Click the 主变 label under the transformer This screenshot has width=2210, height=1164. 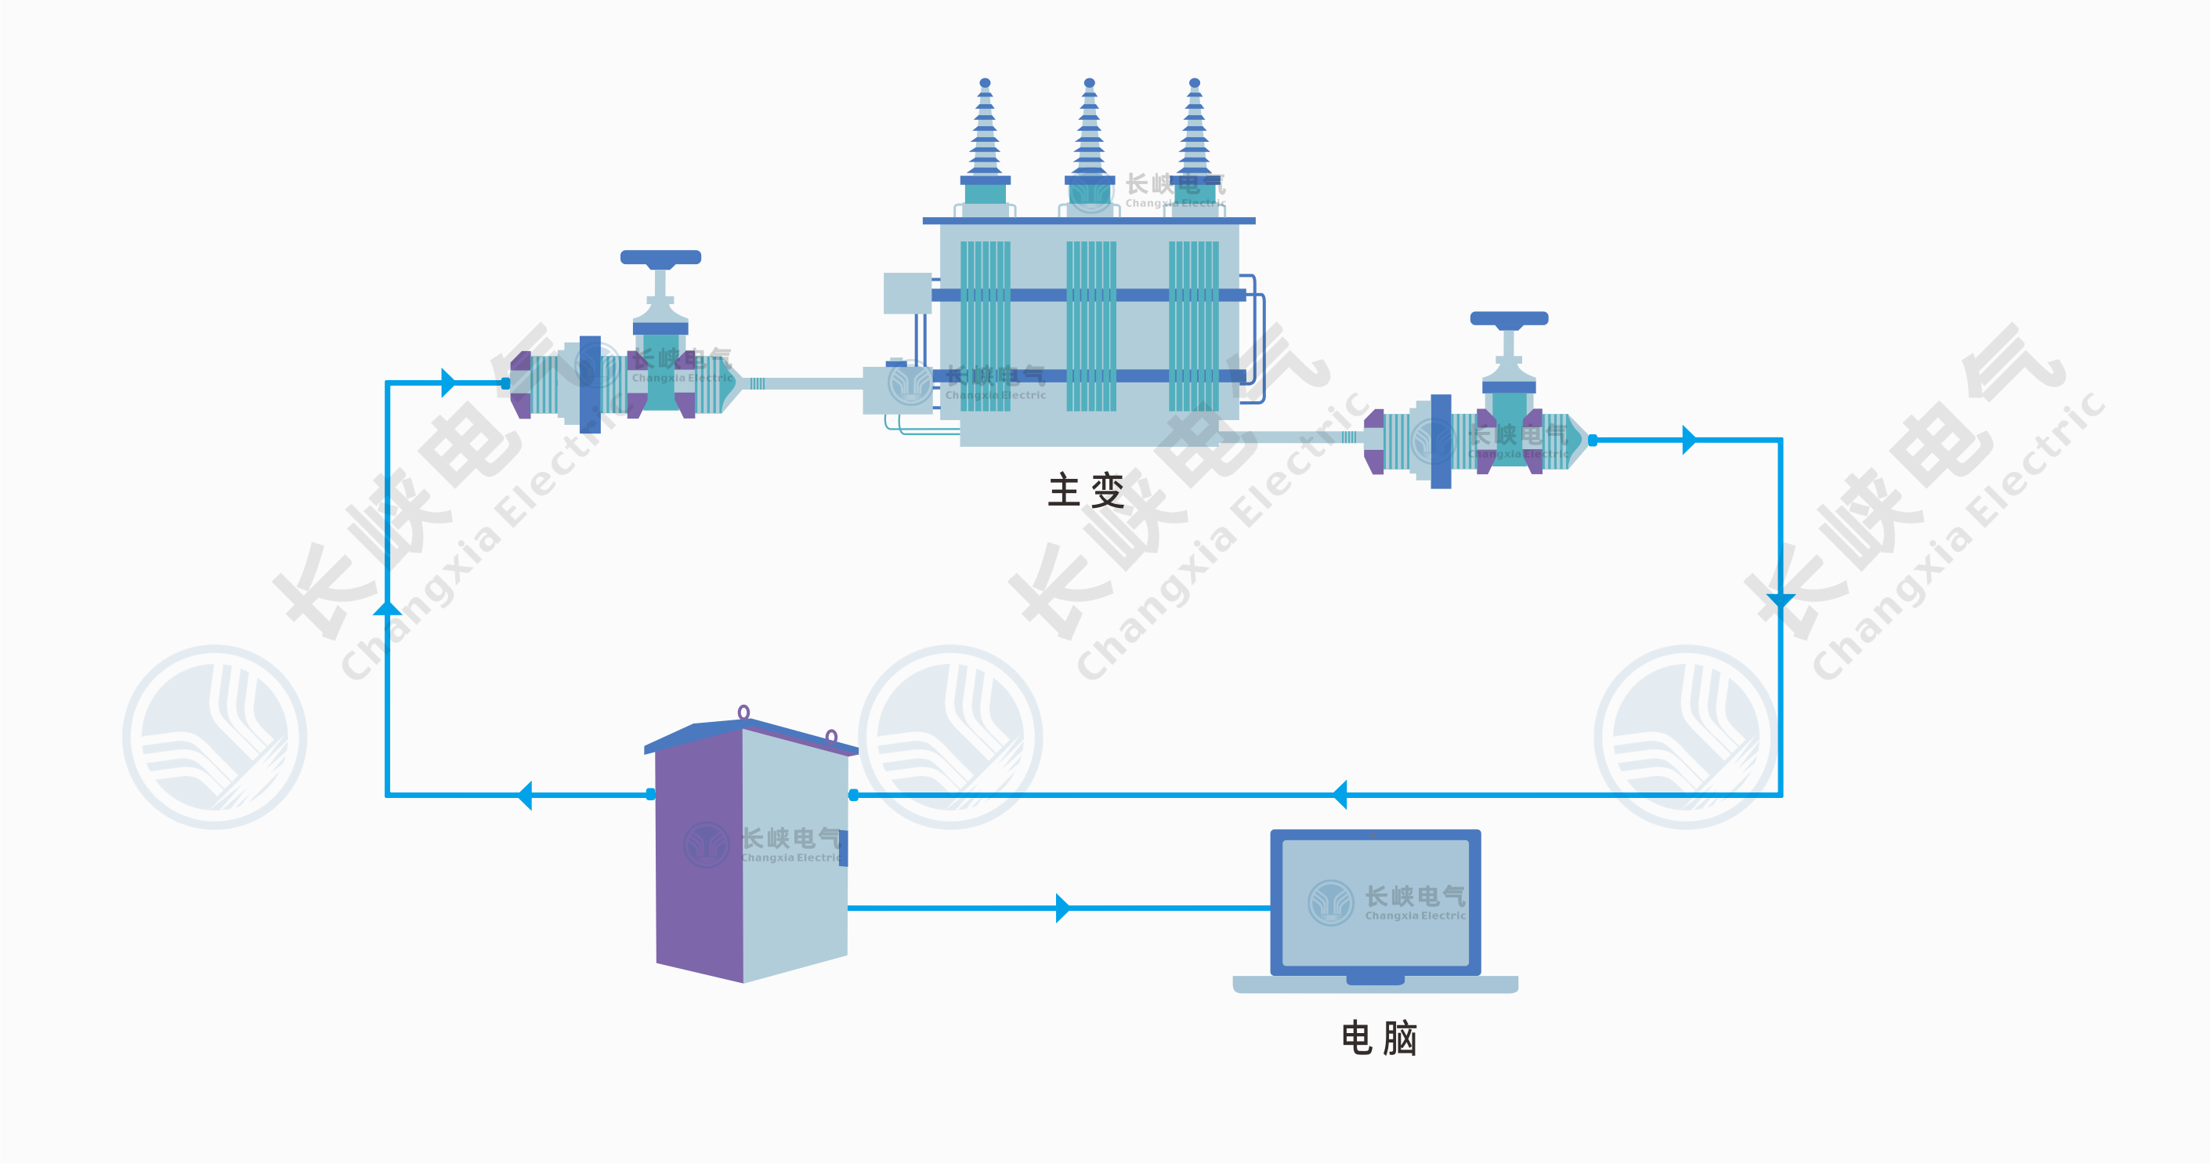click(1085, 491)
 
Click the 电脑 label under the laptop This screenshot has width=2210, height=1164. click(1379, 1039)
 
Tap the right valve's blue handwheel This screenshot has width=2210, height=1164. click(1509, 318)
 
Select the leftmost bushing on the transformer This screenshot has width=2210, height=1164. click(985, 137)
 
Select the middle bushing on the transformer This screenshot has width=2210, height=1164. click(1090, 137)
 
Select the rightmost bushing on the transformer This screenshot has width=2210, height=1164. click(1194, 137)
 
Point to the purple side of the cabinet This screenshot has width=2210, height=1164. click(700, 854)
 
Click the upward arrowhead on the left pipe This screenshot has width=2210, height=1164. click(388, 607)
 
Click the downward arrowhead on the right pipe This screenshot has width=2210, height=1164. click(1781, 601)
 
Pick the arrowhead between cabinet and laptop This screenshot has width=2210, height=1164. click(1063, 908)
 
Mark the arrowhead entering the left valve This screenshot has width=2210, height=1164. click(448, 383)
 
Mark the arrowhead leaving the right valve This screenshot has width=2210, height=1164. click(1688, 440)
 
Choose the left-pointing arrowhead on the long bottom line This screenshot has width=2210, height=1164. click(1340, 795)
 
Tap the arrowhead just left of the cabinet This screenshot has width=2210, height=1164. click(525, 795)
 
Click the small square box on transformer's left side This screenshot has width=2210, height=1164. click(907, 292)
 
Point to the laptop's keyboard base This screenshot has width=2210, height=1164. click(1375, 985)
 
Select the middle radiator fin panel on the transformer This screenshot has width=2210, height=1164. click(1091, 326)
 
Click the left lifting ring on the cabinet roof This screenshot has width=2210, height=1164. click(743, 712)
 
